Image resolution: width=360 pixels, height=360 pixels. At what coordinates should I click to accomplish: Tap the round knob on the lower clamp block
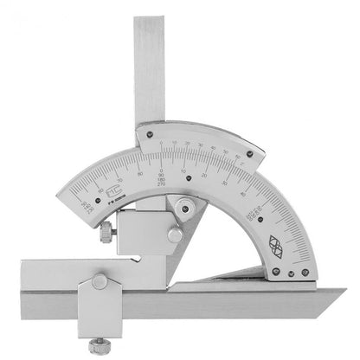tap(100, 283)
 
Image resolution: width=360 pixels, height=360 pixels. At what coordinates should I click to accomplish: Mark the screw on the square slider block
tap(175, 234)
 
